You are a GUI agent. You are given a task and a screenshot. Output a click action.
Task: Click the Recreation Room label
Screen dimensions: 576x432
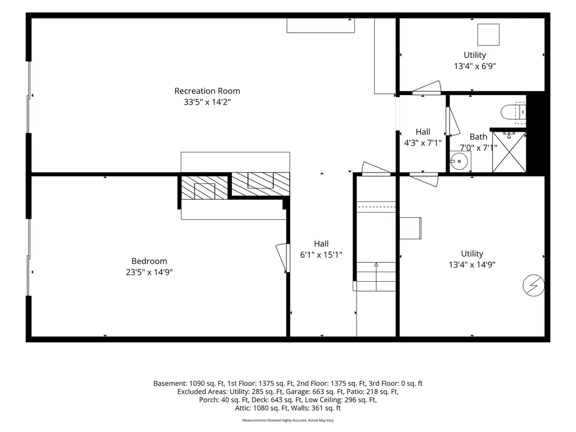tap(207, 91)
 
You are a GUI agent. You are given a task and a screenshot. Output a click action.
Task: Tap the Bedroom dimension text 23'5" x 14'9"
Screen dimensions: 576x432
tap(149, 272)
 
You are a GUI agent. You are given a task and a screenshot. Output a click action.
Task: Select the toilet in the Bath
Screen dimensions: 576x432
tap(514, 112)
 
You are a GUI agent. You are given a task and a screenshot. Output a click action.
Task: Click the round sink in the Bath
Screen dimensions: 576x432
tap(461, 160)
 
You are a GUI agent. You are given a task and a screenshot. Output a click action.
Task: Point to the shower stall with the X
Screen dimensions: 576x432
tap(509, 152)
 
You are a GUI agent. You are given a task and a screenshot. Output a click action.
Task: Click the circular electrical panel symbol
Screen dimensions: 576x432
tap(533, 285)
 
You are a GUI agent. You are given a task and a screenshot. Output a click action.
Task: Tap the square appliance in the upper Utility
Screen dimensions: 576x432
tap(488, 34)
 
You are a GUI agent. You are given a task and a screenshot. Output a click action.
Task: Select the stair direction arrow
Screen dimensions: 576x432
tap(376, 276)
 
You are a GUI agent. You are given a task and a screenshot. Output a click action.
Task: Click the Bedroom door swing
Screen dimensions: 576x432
tap(283, 258)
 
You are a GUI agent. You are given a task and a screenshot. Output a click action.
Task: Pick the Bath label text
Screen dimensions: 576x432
tap(478, 137)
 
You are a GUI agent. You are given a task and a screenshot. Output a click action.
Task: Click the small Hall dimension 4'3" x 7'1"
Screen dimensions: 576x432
tap(423, 143)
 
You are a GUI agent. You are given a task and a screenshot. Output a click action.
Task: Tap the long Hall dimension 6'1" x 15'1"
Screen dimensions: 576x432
tap(321, 255)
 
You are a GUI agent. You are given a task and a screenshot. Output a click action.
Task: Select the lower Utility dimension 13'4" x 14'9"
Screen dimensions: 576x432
tap(472, 264)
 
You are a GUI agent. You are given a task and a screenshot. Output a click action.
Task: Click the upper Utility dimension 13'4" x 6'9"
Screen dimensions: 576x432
tap(475, 66)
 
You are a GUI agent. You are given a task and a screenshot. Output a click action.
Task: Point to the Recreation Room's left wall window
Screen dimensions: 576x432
tap(28, 97)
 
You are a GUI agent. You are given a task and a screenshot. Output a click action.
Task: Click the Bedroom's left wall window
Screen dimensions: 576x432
tap(28, 257)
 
